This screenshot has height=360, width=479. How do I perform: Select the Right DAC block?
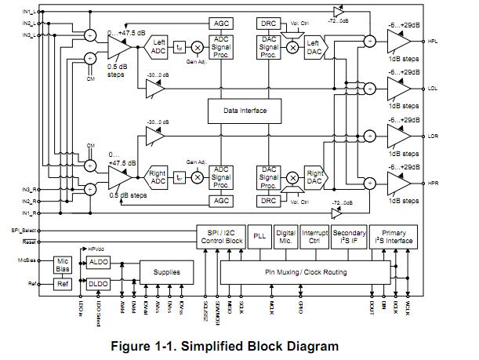click(x=314, y=176)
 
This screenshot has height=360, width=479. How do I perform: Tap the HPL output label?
click(x=433, y=40)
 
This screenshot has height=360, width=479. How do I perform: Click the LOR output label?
click(x=433, y=135)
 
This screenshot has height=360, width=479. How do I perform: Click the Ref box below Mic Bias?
click(x=64, y=283)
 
